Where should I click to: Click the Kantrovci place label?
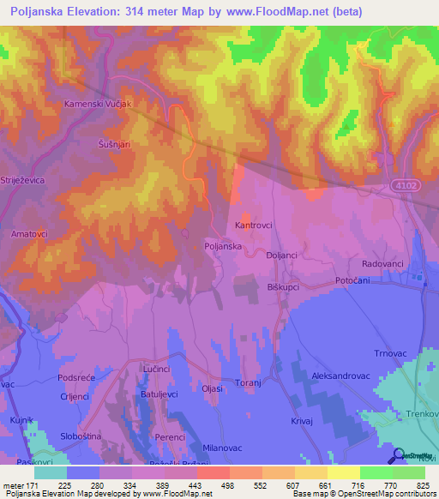(x=254, y=225)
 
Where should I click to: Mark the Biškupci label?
(x=282, y=286)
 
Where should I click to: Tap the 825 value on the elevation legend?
(x=423, y=485)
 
